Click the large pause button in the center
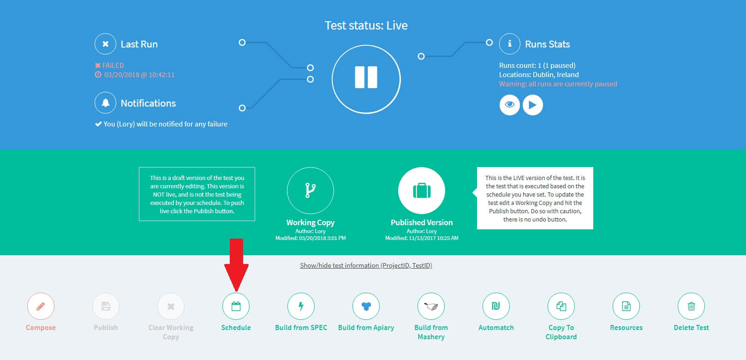(366, 79)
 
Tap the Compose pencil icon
(41, 306)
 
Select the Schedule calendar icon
(236, 306)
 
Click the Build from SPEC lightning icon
(301, 306)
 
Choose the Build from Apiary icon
(366, 306)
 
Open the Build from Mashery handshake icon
(431, 306)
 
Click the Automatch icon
(496, 306)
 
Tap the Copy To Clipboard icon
(561, 306)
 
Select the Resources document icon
(626, 306)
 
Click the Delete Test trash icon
(691, 306)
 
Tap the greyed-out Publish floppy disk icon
(106, 306)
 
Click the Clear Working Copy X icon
(171, 306)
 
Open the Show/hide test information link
(366, 265)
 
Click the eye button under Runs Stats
(509, 105)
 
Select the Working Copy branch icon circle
(310, 191)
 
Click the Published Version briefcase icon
(422, 191)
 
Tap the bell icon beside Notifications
(105, 102)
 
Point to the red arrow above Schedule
(236, 265)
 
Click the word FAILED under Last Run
(113, 65)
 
